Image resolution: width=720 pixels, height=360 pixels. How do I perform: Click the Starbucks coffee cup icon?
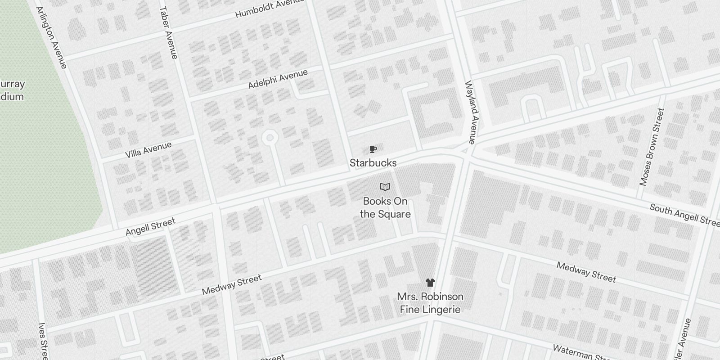click(373, 149)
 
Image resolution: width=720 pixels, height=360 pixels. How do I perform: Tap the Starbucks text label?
click(373, 163)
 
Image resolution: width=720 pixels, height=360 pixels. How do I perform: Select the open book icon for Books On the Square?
click(385, 187)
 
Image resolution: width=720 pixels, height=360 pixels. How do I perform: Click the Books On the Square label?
click(385, 207)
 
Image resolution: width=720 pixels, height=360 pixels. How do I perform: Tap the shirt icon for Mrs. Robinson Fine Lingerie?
click(430, 283)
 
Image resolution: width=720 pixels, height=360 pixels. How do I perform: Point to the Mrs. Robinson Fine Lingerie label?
click(430, 303)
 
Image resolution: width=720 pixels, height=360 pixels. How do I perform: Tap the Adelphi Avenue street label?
click(278, 79)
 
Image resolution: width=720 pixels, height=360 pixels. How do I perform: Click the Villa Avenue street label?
click(148, 150)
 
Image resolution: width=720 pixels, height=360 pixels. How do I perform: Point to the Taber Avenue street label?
click(168, 32)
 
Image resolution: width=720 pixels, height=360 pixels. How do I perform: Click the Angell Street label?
click(150, 227)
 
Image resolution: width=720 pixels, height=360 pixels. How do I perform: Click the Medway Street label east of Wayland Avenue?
click(586, 272)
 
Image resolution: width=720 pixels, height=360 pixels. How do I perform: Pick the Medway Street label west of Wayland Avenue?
click(231, 285)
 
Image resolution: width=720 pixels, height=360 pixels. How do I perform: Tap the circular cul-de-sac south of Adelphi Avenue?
click(270, 138)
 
